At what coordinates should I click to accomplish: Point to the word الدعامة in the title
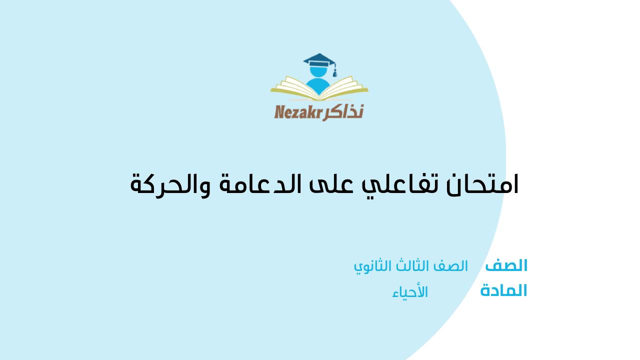(260, 184)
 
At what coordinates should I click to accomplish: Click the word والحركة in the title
(170, 185)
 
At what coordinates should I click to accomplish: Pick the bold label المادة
(503, 290)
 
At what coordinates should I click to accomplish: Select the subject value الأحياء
(410, 292)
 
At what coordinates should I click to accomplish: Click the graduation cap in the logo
(319, 60)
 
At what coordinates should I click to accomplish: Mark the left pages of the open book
(294, 87)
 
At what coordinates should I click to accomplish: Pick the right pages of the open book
(344, 87)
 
